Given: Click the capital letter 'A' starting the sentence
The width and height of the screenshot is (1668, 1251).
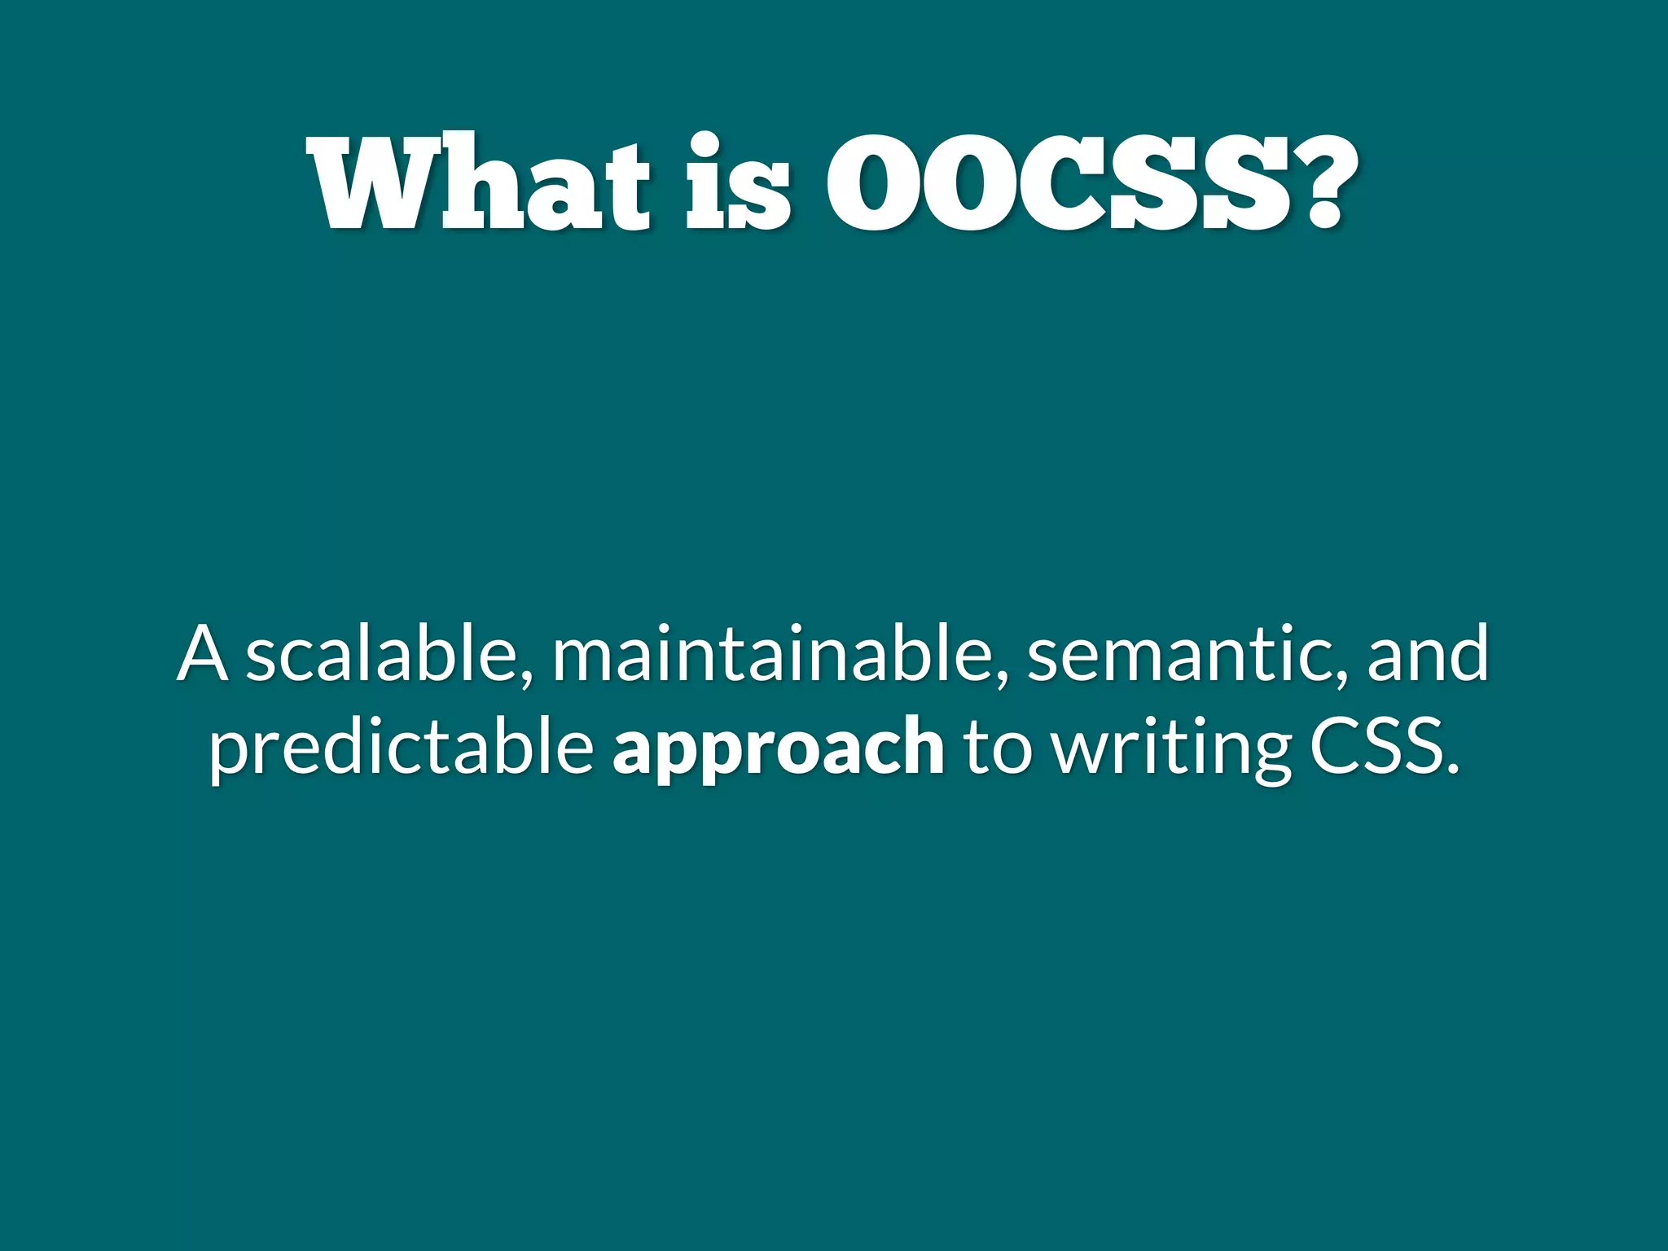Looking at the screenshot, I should pos(203,654).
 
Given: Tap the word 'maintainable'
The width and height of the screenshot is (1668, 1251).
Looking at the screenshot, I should pos(770,654).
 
